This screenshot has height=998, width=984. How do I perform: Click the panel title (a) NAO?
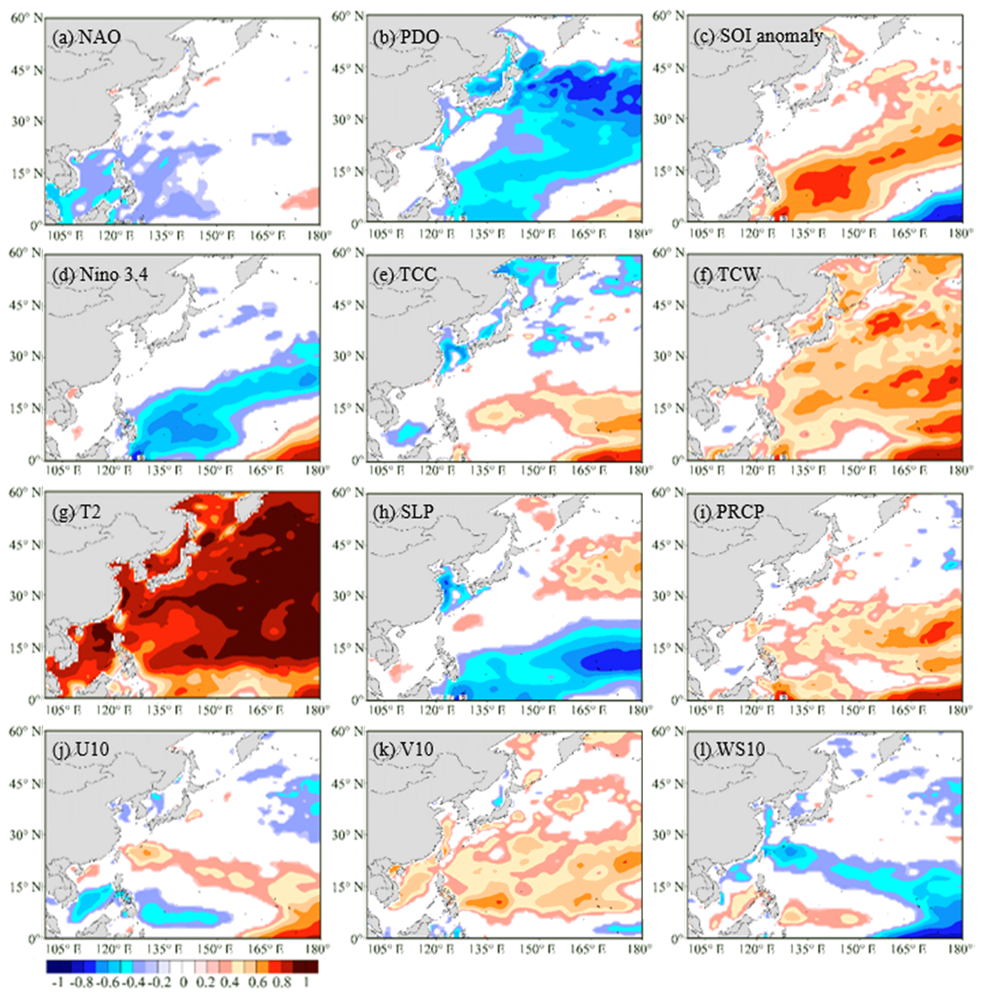pos(86,37)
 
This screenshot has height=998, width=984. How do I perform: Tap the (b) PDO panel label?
pos(406,37)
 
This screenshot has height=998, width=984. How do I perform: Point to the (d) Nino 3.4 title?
pos(99,274)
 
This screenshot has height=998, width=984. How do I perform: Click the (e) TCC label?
pos(405,274)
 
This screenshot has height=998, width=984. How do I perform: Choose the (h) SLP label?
pos(403,511)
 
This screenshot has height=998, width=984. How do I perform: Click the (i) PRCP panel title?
pos(729,511)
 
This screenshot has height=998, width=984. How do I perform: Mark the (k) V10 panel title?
pos(403,749)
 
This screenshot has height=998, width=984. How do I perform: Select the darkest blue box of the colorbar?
pos(52,967)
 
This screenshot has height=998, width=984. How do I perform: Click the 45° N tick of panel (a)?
pos(25,70)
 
